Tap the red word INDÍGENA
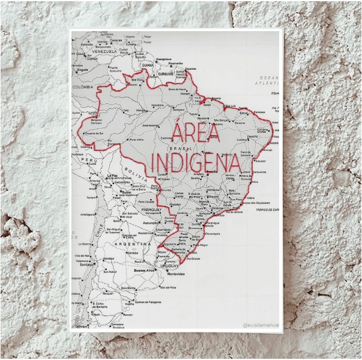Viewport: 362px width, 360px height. pyautogui.click(x=192, y=162)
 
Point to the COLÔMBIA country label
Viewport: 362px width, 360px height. pyautogui.click(x=84, y=87)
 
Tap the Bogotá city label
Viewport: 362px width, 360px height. pyautogui.click(x=82, y=70)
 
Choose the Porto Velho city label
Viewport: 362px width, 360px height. pyautogui.click(x=136, y=139)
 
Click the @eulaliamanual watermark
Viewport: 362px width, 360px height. pyautogui.click(x=262, y=325)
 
